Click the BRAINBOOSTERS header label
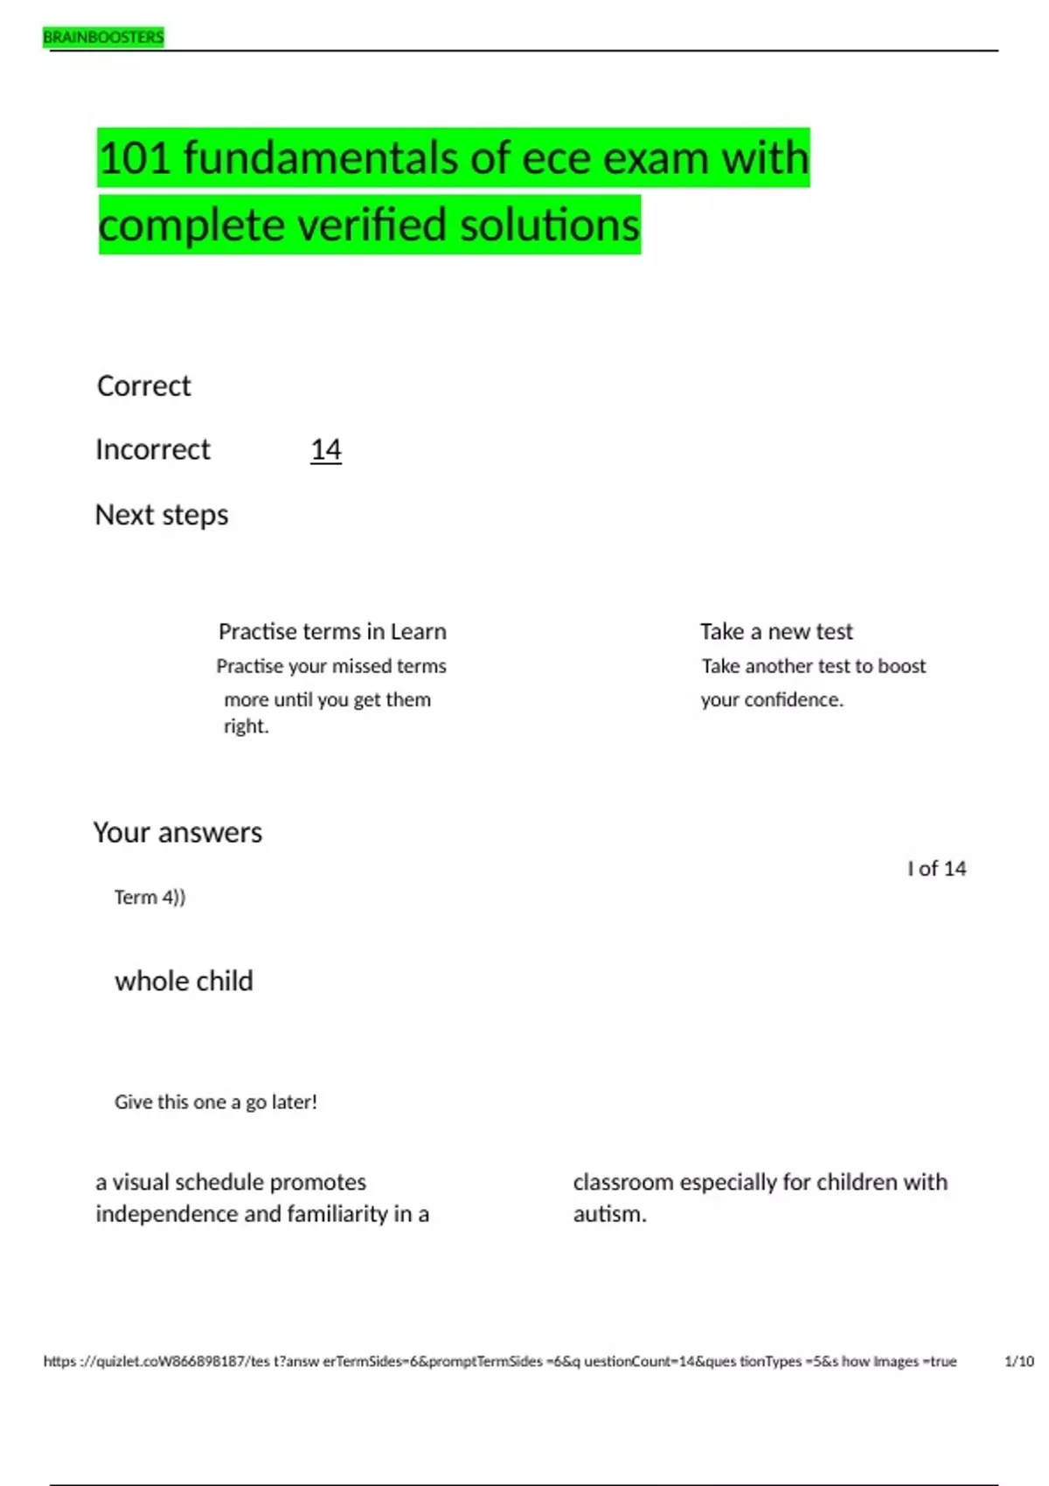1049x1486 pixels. [103, 38]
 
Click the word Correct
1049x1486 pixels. [143, 385]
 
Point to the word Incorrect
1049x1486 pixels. [153, 449]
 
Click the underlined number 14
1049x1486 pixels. [326, 449]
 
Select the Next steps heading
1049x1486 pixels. [162, 515]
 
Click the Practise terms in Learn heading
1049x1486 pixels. [332, 631]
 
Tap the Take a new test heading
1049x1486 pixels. [776, 631]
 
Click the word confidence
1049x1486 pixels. [792, 699]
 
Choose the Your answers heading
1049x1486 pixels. [177, 832]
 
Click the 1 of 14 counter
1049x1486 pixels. [936, 868]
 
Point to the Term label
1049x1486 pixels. [135, 897]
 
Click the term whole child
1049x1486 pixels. [184, 981]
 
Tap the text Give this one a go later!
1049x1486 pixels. [216, 1101]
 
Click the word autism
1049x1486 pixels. [609, 1214]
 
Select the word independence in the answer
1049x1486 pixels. [167, 1214]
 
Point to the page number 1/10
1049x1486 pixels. [1019, 1361]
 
